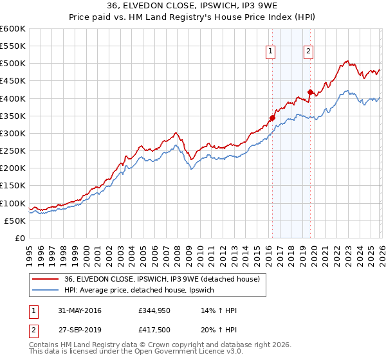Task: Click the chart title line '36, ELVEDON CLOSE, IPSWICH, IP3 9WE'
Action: (193, 7)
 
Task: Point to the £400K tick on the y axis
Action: (13, 98)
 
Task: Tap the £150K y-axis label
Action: (13, 186)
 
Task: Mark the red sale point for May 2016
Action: (272, 118)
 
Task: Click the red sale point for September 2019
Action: (310, 92)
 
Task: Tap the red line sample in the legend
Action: (46, 279)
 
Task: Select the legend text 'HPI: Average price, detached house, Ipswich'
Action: (143, 290)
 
